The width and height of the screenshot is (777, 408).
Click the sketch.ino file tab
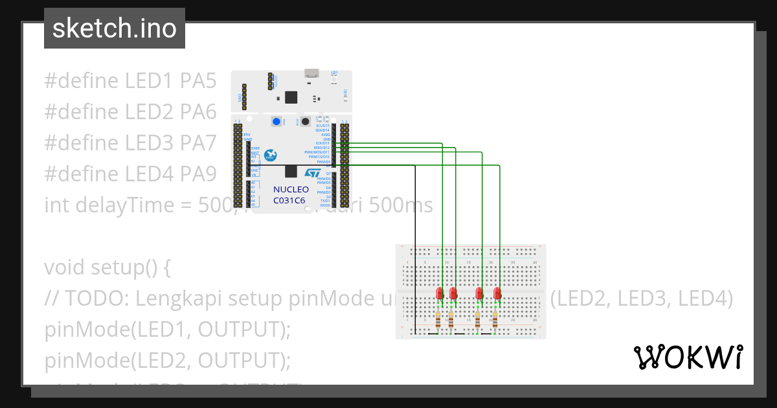tap(114, 28)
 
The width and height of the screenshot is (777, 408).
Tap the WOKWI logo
tap(688, 357)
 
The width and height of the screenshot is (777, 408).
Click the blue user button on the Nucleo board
tap(276, 122)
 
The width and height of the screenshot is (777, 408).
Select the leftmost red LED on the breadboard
tap(440, 293)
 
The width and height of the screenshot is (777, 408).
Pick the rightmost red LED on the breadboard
tap(497, 293)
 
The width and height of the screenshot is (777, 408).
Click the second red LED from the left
tap(453, 293)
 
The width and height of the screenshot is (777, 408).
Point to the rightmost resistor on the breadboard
tap(495, 319)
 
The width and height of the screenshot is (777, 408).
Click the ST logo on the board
tap(313, 174)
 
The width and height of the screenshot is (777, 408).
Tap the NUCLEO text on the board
tap(291, 190)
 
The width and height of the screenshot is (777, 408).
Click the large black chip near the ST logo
tap(291, 171)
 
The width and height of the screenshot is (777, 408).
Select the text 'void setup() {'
tap(107, 267)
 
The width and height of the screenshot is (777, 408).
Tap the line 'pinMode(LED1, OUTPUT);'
tap(168, 330)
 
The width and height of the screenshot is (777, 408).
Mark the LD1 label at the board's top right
tap(334, 73)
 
